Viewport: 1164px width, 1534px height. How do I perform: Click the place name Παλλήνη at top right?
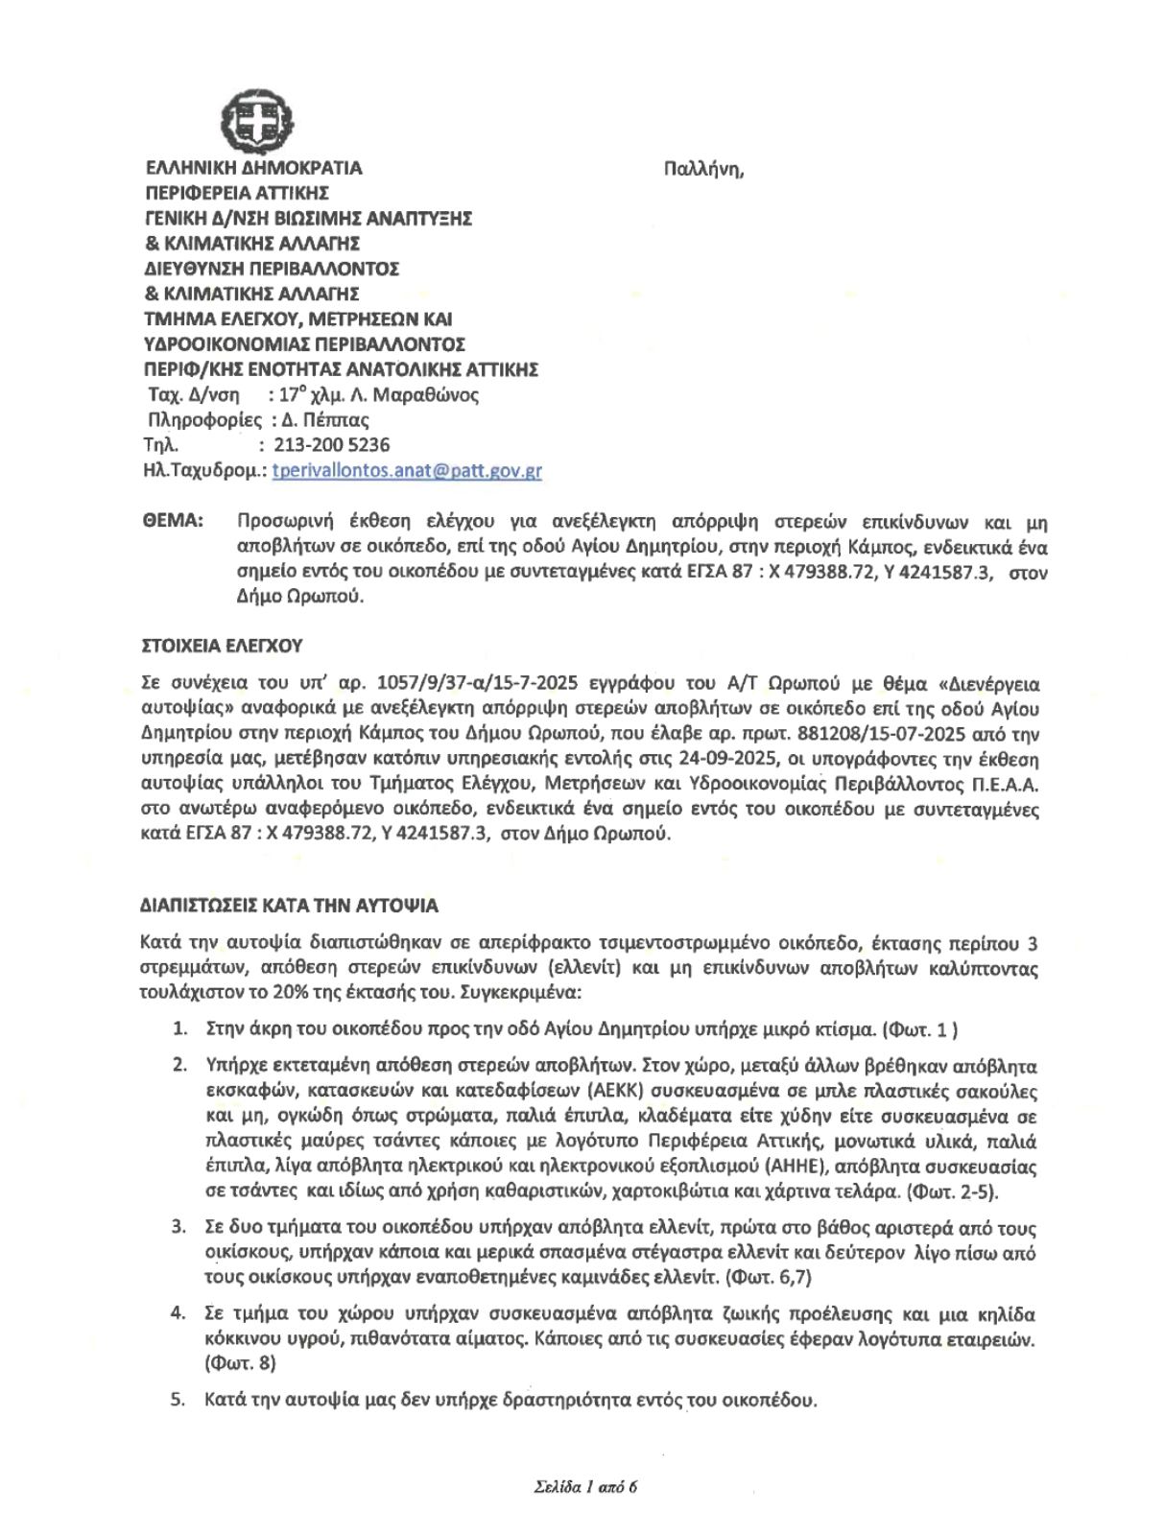[703, 170]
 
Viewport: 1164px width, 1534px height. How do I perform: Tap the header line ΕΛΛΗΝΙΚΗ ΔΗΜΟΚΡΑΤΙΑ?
[252, 168]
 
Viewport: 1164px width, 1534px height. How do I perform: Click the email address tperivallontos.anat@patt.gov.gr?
[407, 471]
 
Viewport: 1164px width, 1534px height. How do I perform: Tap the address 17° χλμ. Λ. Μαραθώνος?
[373, 394]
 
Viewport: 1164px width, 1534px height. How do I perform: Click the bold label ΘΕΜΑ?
[173, 521]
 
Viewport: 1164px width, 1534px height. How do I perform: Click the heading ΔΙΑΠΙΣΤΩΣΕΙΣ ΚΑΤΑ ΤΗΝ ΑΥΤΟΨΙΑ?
[289, 906]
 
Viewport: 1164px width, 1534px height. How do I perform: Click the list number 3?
[178, 1228]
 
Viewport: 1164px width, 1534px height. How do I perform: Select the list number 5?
[178, 1400]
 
